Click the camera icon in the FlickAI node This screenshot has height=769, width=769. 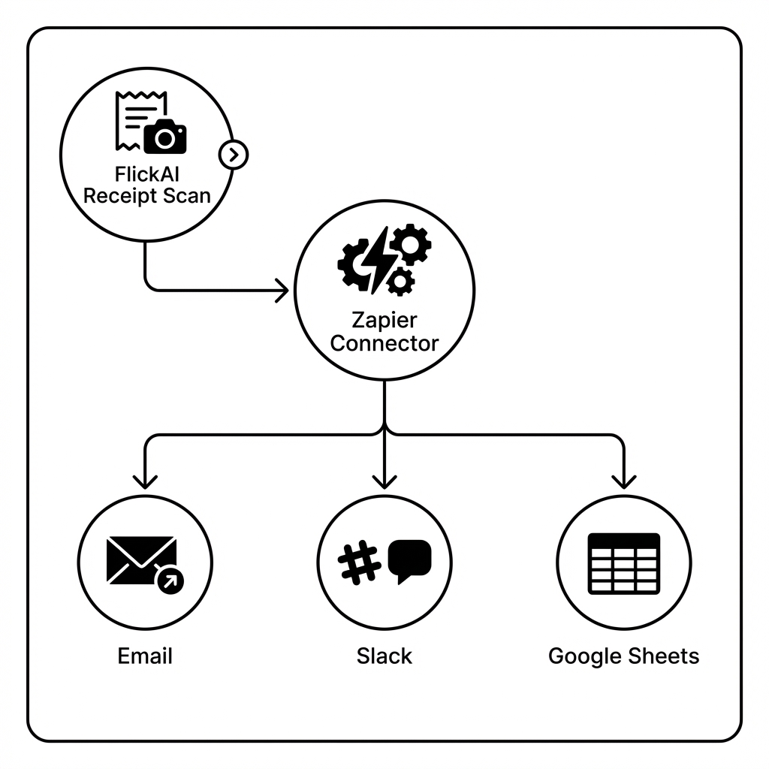[x=164, y=137]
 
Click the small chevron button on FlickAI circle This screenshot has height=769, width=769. [x=234, y=155]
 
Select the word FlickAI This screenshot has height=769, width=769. [x=147, y=174]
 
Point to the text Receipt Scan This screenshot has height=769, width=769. [x=146, y=197]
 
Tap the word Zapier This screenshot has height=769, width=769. [x=384, y=320]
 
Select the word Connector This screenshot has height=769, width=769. [x=384, y=344]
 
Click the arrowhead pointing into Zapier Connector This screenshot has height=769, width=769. [x=282, y=290]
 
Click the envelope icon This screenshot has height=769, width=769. [x=141, y=560]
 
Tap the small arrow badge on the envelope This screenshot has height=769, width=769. [x=170, y=580]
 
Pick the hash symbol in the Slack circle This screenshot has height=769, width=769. [x=359, y=562]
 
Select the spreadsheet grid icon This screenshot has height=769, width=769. [x=623, y=563]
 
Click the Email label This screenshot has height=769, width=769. [x=145, y=656]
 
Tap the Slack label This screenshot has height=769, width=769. [x=384, y=656]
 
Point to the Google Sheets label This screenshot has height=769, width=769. [x=623, y=656]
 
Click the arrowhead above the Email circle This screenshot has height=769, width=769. [x=145, y=481]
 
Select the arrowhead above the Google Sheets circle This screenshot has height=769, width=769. [x=623, y=481]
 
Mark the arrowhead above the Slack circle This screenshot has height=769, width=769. [x=384, y=481]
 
